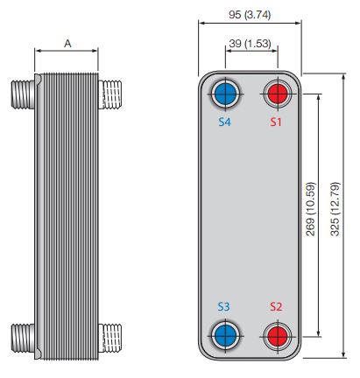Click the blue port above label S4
coord(225,93)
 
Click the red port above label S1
coord(277,93)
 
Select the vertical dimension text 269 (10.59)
coord(311,214)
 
